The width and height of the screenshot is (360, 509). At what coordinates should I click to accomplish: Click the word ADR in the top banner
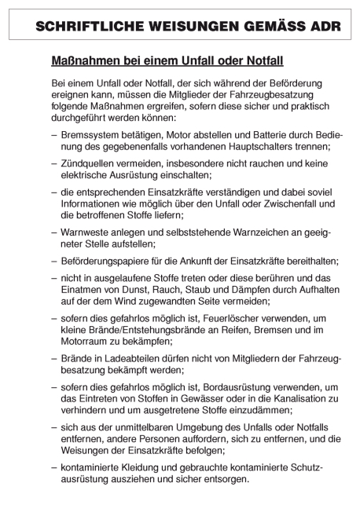(322, 25)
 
